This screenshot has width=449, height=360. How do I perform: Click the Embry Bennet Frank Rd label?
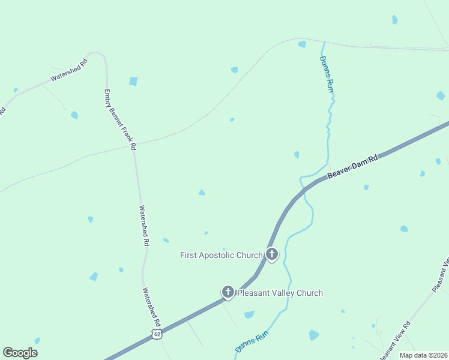120,119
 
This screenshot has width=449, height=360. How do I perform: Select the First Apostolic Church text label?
221,255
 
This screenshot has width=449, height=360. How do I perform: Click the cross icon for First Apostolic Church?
272,254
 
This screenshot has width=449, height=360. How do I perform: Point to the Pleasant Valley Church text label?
280,293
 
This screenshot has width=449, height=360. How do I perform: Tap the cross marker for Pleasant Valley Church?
228,292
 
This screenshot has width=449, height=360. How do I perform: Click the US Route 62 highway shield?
157,334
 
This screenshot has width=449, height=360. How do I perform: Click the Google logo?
20,352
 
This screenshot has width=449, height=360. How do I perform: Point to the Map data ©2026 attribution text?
423,355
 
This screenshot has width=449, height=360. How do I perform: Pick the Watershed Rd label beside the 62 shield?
152,304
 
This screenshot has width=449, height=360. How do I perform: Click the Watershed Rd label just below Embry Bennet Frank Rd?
144,226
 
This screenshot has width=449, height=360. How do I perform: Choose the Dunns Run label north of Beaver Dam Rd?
326,73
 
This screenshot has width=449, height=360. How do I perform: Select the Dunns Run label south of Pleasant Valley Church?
251,343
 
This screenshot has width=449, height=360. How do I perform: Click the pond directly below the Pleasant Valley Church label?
249,314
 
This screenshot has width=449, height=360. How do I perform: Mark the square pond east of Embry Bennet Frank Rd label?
133,81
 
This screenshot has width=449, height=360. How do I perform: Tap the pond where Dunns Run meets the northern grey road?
302,44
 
